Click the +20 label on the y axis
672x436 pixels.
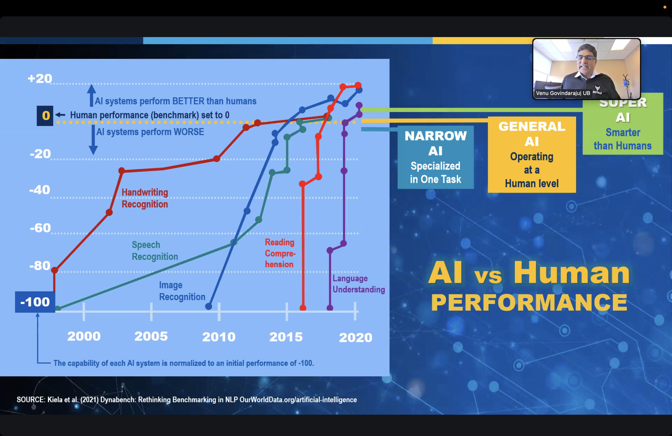click(40, 78)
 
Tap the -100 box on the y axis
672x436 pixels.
click(35, 302)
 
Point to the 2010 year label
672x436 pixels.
click(219, 337)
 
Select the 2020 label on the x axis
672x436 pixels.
click(356, 337)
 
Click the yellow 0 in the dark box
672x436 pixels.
click(46, 115)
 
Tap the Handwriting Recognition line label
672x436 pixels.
click(145, 198)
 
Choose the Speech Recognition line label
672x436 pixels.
click(155, 250)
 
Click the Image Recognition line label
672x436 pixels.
click(182, 291)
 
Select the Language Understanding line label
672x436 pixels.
click(359, 284)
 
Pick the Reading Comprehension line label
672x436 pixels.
click(280, 253)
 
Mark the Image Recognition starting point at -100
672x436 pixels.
click(209, 306)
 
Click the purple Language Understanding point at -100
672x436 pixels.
click(330, 308)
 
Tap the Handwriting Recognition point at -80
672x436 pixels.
click(54, 270)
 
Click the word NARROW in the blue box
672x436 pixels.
click(436, 136)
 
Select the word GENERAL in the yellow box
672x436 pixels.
click(532, 126)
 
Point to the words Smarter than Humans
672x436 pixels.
click(623, 139)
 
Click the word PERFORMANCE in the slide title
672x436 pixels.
click(529, 302)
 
